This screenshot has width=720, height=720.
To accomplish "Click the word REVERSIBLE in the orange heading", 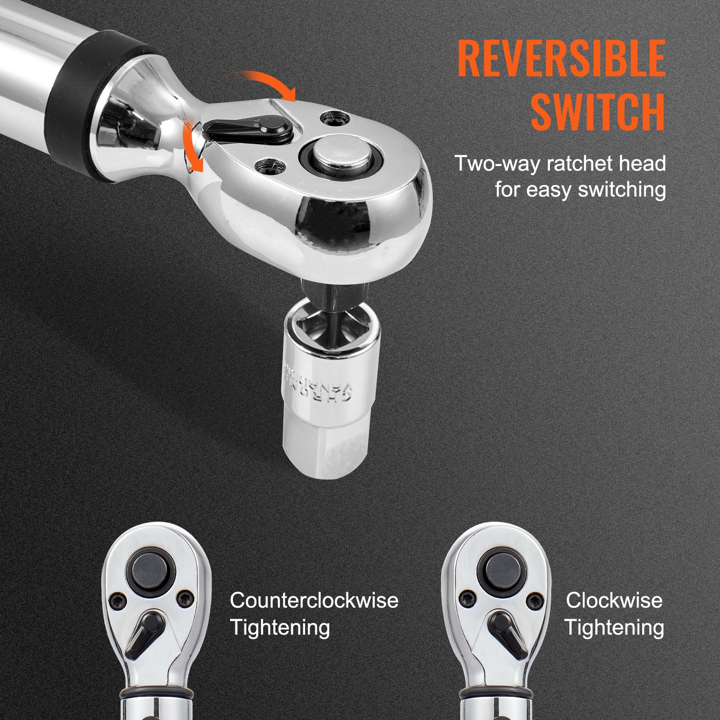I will (x=561, y=58).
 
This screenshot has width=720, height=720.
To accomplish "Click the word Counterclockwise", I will (x=314, y=600).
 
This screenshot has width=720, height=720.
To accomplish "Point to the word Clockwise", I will (x=614, y=600).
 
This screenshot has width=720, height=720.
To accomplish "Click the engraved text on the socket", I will (x=315, y=382).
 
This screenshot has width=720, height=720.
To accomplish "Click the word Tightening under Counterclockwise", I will (x=280, y=627).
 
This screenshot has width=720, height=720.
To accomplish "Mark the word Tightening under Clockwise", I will (x=614, y=627).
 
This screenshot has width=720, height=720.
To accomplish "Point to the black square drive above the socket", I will (x=320, y=292).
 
